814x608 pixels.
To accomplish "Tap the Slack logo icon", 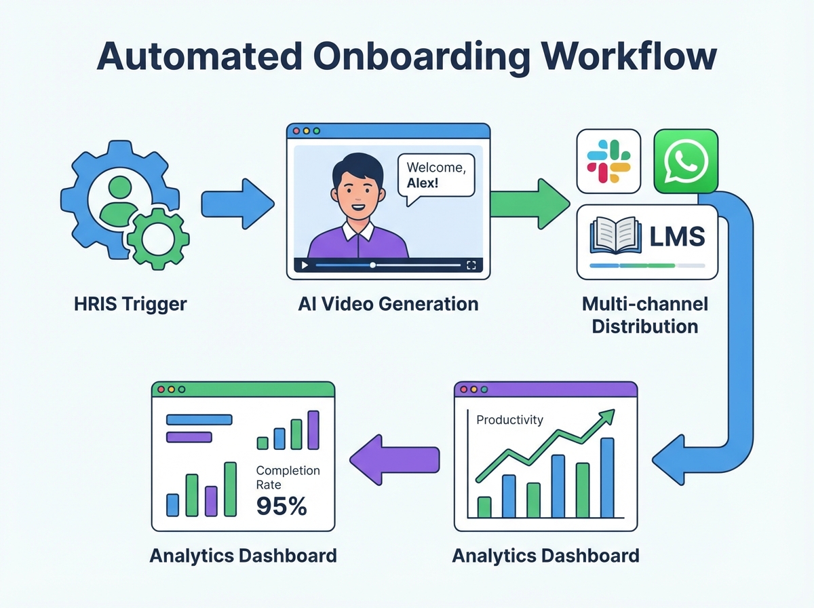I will tap(608, 161).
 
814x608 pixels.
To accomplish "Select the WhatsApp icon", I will tap(685, 161).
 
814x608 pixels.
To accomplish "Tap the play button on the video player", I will tap(305, 265).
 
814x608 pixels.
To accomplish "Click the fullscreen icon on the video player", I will tap(472, 265).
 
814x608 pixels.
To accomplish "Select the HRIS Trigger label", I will tap(130, 303).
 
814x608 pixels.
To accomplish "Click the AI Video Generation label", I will tap(388, 303).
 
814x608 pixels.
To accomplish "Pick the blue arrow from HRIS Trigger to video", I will tap(237, 202).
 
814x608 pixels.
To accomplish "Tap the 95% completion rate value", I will tap(282, 506).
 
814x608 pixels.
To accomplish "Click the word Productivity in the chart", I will tap(509, 420).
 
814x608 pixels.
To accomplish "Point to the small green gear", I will tap(159, 238).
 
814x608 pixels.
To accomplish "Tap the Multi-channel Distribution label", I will tap(644, 314).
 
